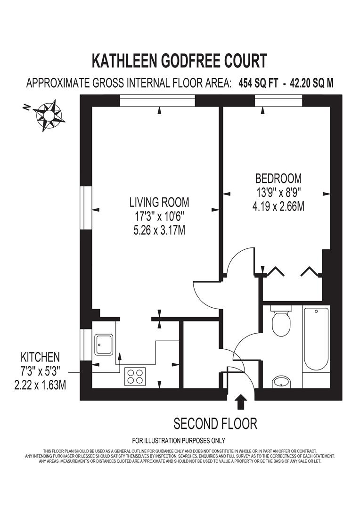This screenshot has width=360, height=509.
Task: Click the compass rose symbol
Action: (x=49, y=115)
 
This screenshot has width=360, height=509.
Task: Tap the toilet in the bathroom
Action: (x=281, y=321)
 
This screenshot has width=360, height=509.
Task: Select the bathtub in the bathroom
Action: (x=316, y=339)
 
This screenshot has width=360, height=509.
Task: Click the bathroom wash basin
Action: (x=281, y=382)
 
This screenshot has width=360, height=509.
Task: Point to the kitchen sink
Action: (x=104, y=345)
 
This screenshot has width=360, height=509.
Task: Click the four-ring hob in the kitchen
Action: (x=135, y=376)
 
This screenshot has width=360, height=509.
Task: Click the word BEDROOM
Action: (x=278, y=179)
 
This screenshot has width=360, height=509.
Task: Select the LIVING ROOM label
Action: (x=159, y=202)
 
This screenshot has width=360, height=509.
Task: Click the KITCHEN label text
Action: (x=40, y=357)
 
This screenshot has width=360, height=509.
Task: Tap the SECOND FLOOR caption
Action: (x=215, y=424)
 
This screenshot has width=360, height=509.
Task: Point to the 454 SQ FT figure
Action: (x=258, y=83)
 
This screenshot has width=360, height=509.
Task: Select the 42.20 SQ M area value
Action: (x=311, y=83)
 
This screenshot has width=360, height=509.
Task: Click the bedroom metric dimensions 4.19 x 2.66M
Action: (x=278, y=206)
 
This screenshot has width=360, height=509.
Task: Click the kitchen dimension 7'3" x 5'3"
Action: (x=40, y=371)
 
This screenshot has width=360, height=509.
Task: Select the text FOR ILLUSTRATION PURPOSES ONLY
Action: (x=179, y=441)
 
